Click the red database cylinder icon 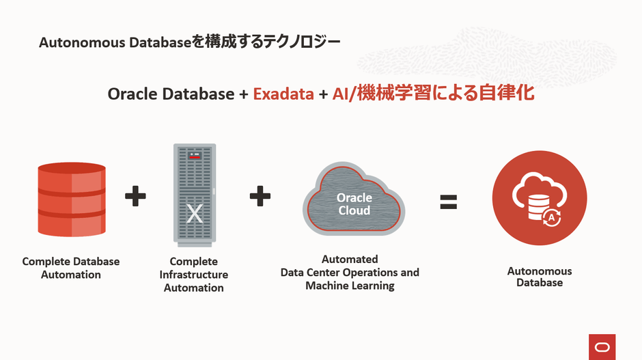72,199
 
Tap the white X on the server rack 195,213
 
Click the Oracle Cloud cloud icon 354,200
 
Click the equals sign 448,202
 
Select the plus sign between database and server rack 135,197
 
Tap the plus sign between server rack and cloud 260,197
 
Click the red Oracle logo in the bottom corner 602,346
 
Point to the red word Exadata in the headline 283,94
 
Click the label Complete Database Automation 71,268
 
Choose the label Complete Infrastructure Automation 194,275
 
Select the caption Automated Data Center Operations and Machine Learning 350,273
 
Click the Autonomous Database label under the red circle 540,277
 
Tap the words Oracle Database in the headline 171,94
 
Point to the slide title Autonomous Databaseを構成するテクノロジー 190,42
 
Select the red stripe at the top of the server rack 195,156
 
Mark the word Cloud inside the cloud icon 354,210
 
